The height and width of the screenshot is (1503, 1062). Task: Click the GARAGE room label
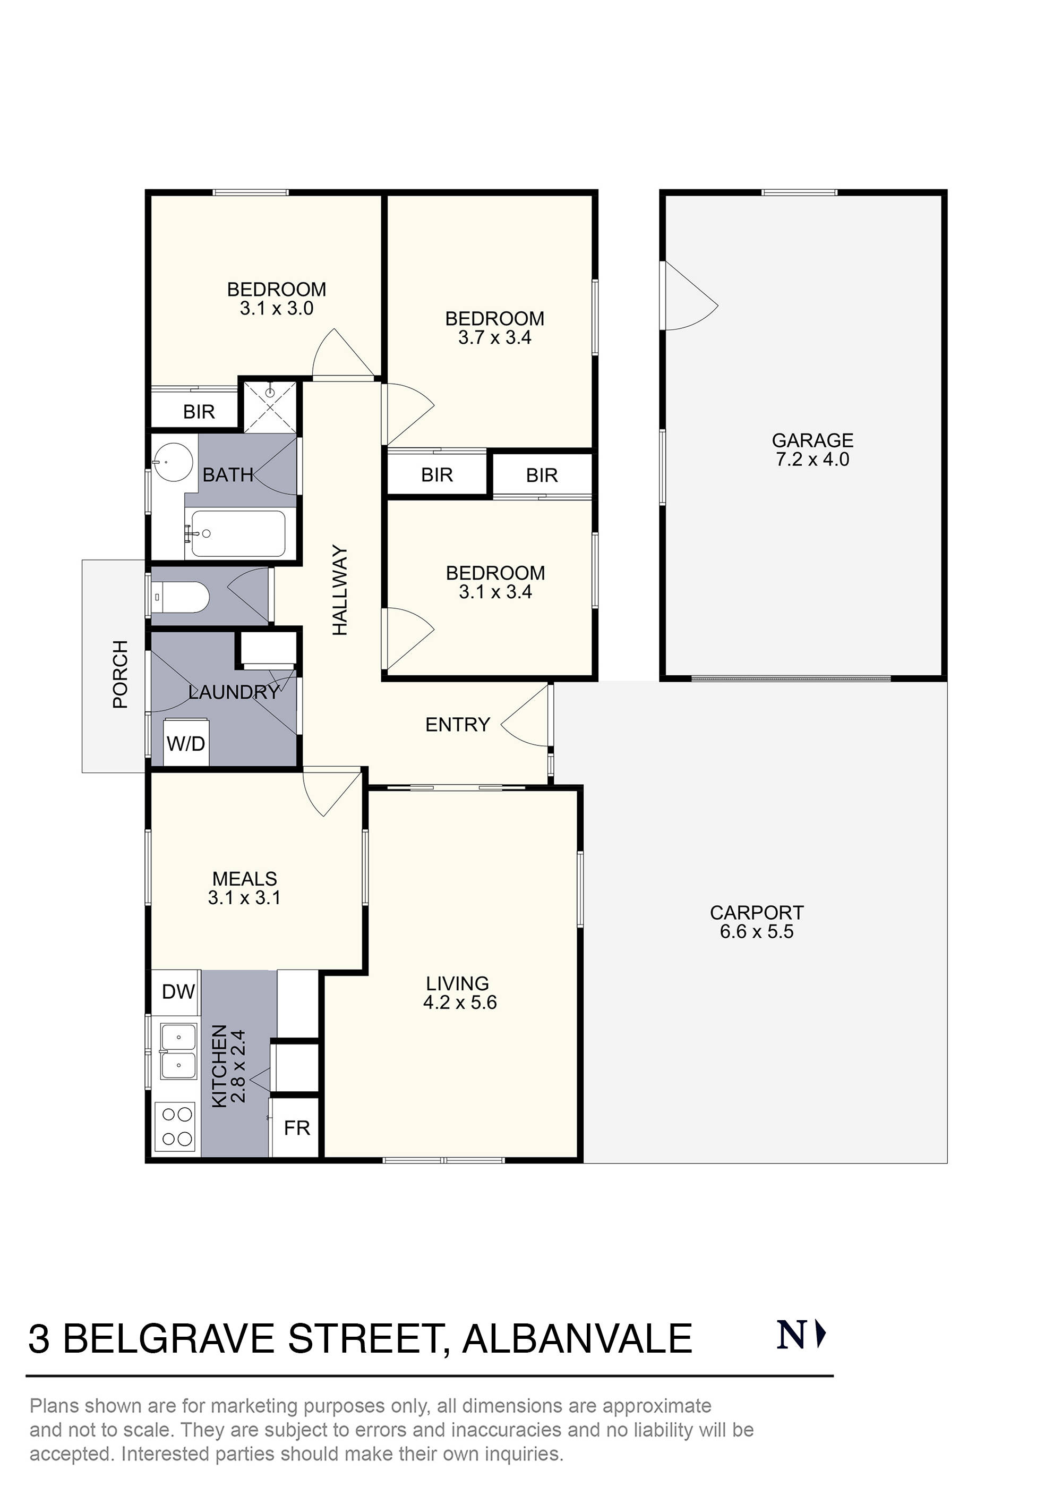[x=812, y=440]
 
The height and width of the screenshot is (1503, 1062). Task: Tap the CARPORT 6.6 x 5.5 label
[x=757, y=922]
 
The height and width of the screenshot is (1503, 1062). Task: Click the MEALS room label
[x=245, y=888]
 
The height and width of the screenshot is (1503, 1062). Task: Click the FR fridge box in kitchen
[x=296, y=1127]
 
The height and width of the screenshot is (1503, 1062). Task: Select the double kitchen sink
[x=178, y=1051]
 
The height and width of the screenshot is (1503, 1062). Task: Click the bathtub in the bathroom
[x=237, y=533]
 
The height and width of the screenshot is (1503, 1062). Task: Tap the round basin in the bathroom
[x=173, y=462]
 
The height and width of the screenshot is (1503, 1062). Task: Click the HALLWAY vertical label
[x=340, y=590]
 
